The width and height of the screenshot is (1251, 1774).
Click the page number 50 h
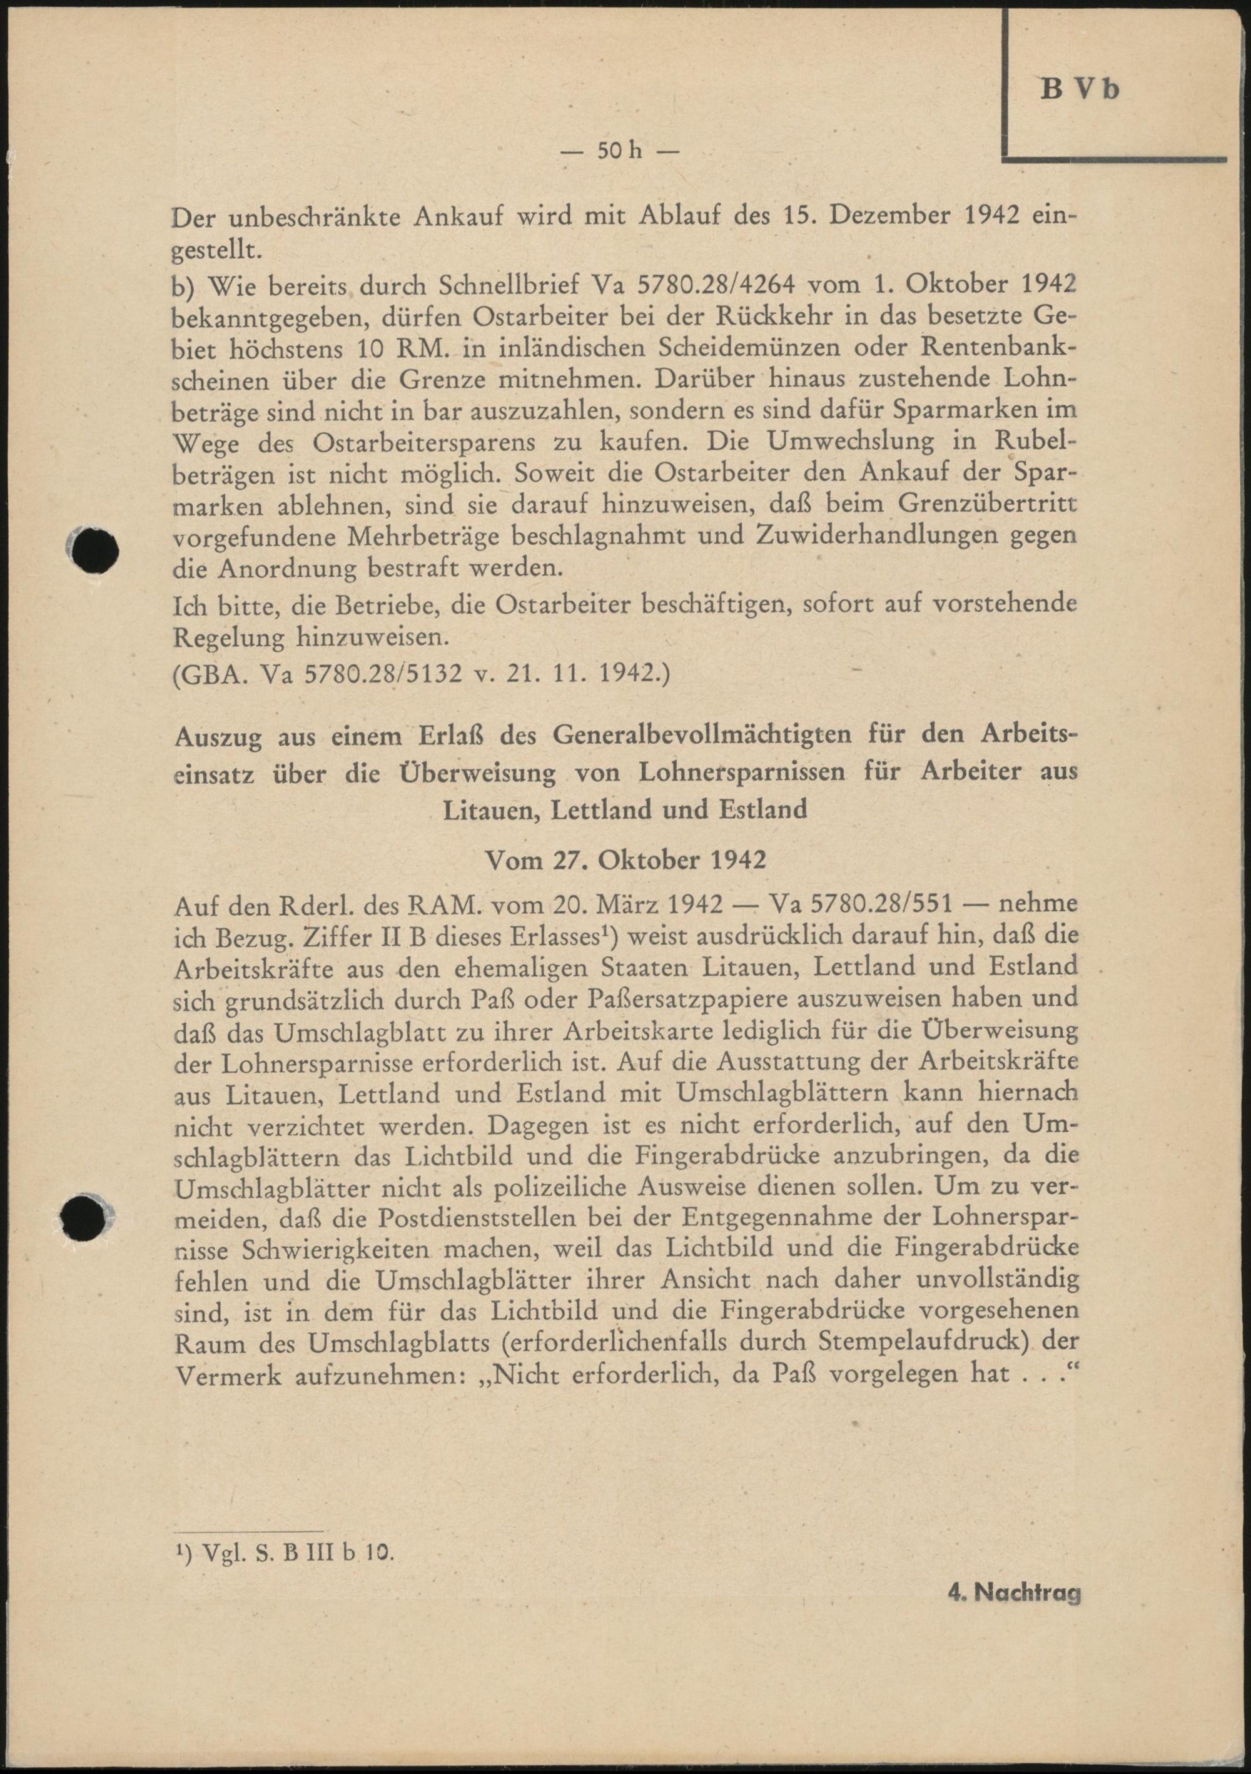coord(618,151)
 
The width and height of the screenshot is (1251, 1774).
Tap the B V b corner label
coord(1081,89)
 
